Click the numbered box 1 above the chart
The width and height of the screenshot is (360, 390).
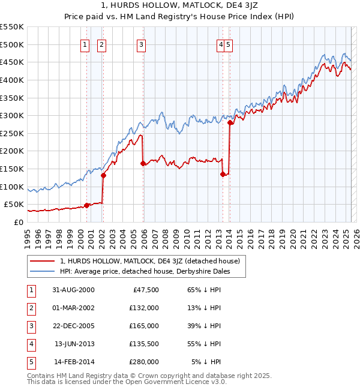pos(85,44)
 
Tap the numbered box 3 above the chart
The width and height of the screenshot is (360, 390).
pos(141,44)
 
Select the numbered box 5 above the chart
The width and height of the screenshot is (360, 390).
pos(229,44)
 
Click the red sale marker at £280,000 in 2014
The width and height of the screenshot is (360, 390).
pos(230,123)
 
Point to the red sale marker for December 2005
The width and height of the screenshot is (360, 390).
pos(143,163)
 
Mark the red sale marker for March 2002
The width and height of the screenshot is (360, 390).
pos(103,175)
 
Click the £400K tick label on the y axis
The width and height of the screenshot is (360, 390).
pos(12,80)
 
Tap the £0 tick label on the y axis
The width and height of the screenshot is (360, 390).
pos(19,222)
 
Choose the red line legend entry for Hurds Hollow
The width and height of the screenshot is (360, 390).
pos(150,261)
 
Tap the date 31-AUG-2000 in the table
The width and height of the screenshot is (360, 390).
pos(74,290)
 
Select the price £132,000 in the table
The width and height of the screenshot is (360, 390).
pos(145,308)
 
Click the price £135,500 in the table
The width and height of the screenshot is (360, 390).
pos(145,344)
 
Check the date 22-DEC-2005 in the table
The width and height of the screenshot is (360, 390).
pos(74,326)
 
